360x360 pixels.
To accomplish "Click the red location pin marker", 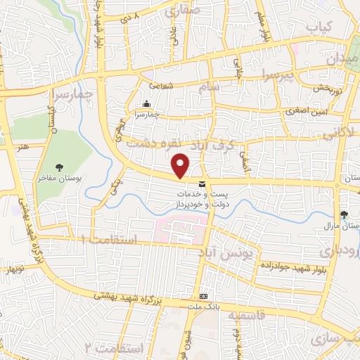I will (x=181, y=166).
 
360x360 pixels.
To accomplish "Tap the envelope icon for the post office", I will (x=202, y=184).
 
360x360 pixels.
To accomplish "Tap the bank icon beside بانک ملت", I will (x=203, y=297).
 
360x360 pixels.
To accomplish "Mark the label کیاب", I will (x=317, y=25).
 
